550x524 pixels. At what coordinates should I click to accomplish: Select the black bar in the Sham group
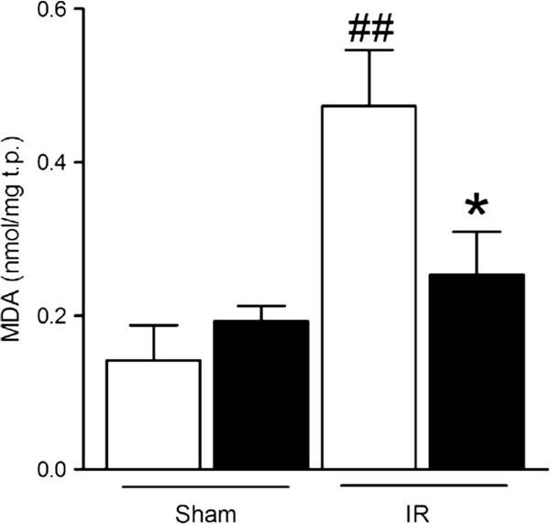[261, 395]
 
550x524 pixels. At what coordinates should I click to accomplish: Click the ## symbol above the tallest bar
[371, 29]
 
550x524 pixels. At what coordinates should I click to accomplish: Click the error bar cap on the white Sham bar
[154, 325]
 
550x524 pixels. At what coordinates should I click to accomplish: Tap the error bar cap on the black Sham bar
[261, 306]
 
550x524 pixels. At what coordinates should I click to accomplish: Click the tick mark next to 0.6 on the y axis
[80, 9]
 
